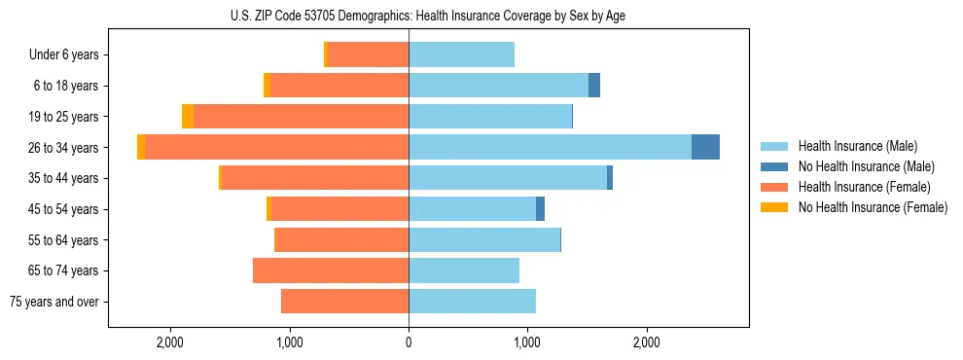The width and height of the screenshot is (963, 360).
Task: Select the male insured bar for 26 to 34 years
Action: pyautogui.click(x=550, y=147)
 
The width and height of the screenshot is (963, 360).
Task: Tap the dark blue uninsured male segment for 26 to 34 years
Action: pyautogui.click(x=705, y=147)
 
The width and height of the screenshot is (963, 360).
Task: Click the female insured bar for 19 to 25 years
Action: pyautogui.click(x=301, y=117)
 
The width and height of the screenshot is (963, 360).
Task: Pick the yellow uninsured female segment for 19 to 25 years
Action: pyautogui.click(x=188, y=117)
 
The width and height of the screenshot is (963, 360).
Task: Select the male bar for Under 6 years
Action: pyautogui.click(x=461, y=55)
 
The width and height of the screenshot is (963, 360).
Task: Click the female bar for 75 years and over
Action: pyautogui.click(x=344, y=302)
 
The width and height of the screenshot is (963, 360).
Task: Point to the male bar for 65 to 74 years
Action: pyautogui.click(x=464, y=270)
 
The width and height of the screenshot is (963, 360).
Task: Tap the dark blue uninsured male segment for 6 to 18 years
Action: pyautogui.click(x=594, y=86)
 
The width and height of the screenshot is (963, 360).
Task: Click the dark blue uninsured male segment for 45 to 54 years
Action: pyautogui.click(x=540, y=209)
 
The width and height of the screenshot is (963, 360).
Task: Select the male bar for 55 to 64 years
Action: pyautogui.click(x=484, y=239)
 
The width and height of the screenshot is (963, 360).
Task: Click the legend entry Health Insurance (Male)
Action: pyautogui.click(x=857, y=146)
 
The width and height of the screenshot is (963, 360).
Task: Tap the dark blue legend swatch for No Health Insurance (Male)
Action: pyautogui.click(x=774, y=166)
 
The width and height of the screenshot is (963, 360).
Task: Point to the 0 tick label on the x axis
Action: pyautogui.click(x=409, y=342)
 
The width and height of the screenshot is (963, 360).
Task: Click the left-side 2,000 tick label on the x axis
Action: pyautogui.click(x=170, y=342)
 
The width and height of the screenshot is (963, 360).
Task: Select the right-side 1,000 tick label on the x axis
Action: pyautogui.click(x=527, y=342)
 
